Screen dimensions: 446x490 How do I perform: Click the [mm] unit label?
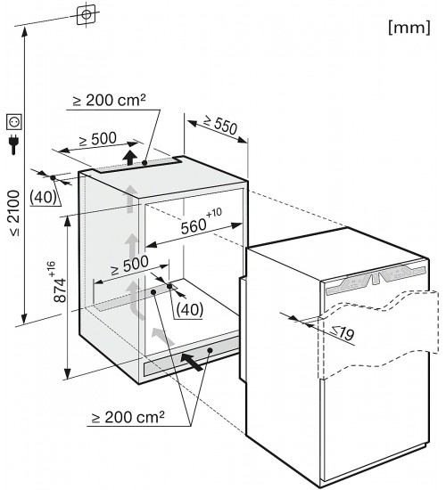coord(409,28)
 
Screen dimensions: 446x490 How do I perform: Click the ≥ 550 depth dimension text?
coord(220,125)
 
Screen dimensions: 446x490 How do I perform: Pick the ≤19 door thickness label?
coord(343,333)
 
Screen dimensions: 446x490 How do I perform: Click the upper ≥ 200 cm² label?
coord(109,101)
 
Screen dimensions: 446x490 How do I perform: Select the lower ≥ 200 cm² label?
coord(128,417)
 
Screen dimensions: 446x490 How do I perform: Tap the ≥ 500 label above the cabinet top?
coord(97,139)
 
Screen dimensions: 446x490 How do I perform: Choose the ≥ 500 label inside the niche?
coord(129,265)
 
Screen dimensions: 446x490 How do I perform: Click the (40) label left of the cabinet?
coord(43,197)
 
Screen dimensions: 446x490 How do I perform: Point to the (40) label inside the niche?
coord(190,309)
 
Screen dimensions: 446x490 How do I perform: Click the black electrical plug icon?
coord(13,144)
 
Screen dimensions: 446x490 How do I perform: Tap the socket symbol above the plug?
coord(14,122)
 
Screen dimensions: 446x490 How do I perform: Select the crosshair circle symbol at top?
coord(86,14)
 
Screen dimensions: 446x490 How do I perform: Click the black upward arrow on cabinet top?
coord(130,157)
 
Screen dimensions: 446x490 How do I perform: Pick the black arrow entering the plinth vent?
coord(192,362)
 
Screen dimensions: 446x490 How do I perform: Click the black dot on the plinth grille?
coord(211,350)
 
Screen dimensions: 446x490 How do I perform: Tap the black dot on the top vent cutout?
coord(145,162)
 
